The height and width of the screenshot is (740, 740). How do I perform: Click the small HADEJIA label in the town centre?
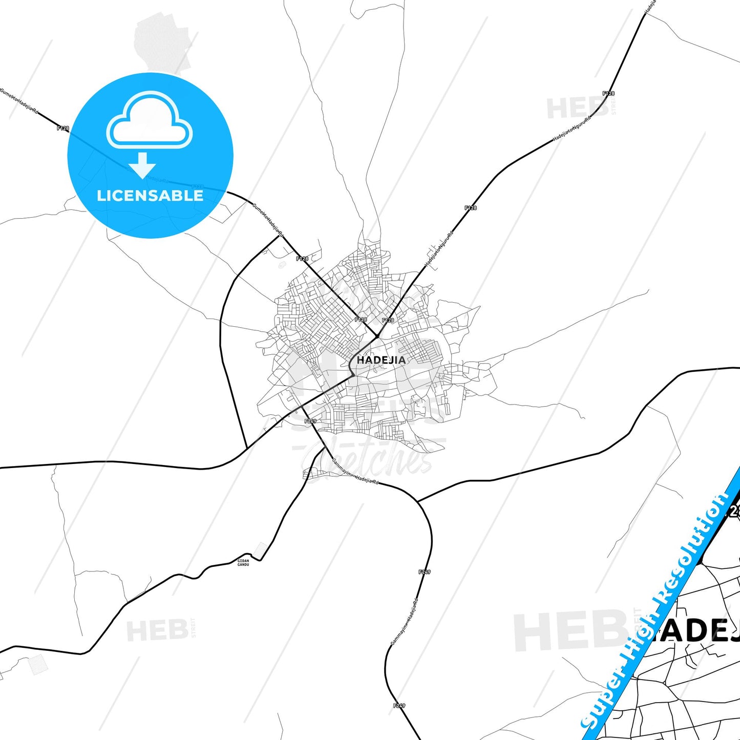381,360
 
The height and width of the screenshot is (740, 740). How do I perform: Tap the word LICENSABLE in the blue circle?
150,196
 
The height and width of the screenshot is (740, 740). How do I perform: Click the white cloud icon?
149,121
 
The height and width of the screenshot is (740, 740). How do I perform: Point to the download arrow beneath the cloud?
142,165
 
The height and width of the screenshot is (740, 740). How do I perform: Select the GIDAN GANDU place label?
243,562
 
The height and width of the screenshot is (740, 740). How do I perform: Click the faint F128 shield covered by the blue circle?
198,187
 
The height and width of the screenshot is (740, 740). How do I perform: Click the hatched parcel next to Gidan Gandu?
260,549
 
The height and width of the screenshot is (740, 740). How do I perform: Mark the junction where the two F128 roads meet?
377,336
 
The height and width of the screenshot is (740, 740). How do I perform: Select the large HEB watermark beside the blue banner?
568,632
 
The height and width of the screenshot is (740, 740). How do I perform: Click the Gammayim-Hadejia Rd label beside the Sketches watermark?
354,472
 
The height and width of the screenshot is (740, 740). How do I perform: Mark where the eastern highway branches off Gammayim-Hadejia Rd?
418,501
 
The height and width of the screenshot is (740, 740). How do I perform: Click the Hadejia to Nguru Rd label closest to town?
439,249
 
